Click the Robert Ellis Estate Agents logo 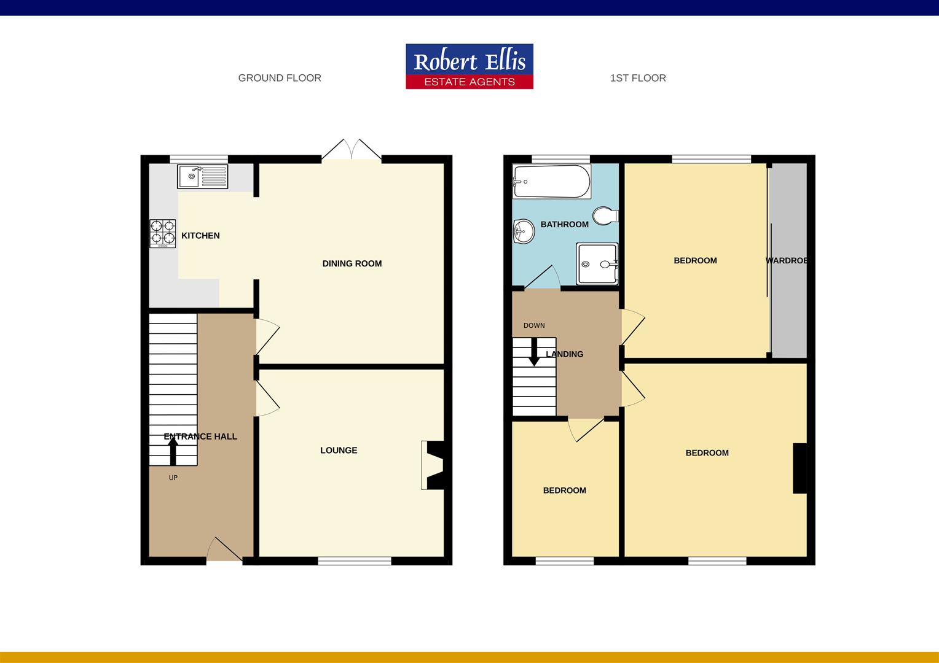point(469,66)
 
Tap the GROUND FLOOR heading point(280,78)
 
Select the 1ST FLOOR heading point(638,78)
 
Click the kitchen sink point(202,176)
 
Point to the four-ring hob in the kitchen point(163,233)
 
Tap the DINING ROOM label point(352,263)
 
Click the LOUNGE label point(339,450)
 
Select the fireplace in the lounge point(433,465)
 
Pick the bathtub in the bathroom point(551,182)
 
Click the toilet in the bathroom point(605,216)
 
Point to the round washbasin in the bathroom point(524,231)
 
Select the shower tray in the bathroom point(597,264)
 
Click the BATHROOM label point(564,224)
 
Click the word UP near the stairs point(173,478)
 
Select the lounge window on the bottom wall point(355,560)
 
